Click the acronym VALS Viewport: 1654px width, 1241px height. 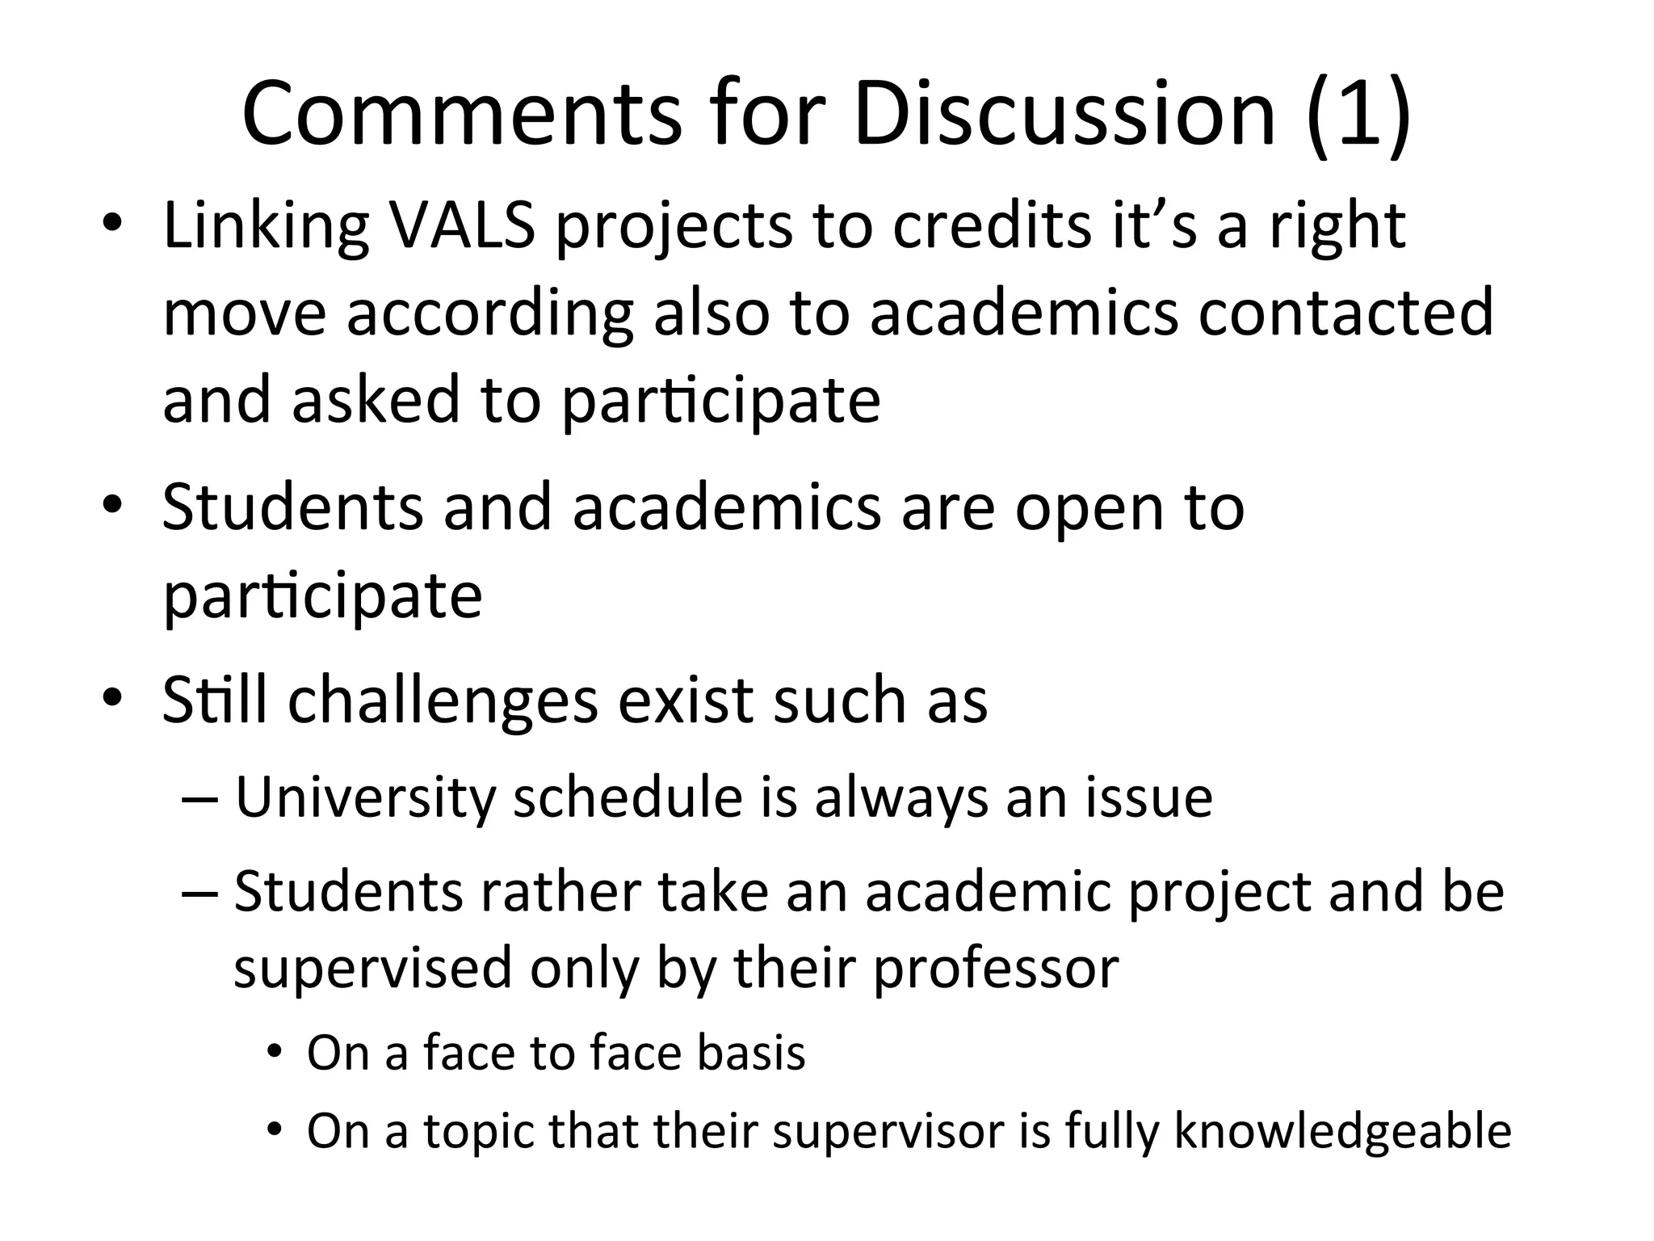[462, 225]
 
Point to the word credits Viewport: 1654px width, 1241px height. [992, 225]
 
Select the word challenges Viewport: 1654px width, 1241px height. [443, 700]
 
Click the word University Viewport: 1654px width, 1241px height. [365, 798]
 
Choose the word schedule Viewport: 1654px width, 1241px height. [628, 797]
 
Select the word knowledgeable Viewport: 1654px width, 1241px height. [1342, 1131]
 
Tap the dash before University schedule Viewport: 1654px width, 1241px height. [200, 800]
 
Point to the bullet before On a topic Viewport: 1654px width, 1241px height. [275, 1129]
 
